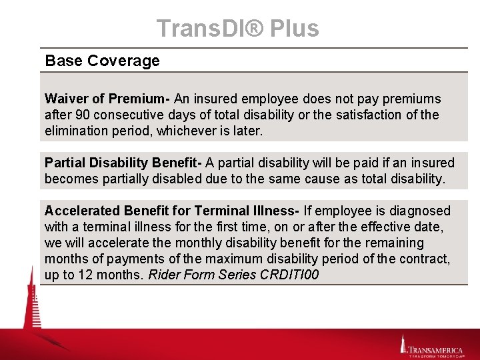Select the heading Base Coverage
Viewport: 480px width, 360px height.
coord(102,61)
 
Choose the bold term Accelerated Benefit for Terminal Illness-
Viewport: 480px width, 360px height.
coord(171,211)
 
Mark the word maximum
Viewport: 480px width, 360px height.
coord(230,259)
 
